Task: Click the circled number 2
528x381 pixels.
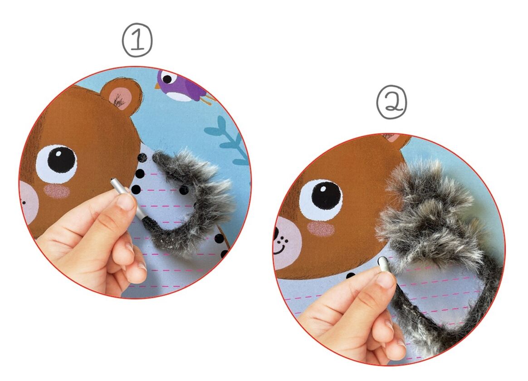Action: click(391, 102)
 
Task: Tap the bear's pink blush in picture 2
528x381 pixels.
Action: click(321, 229)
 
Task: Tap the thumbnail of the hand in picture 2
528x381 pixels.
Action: click(385, 280)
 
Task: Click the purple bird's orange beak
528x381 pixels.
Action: click(157, 87)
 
